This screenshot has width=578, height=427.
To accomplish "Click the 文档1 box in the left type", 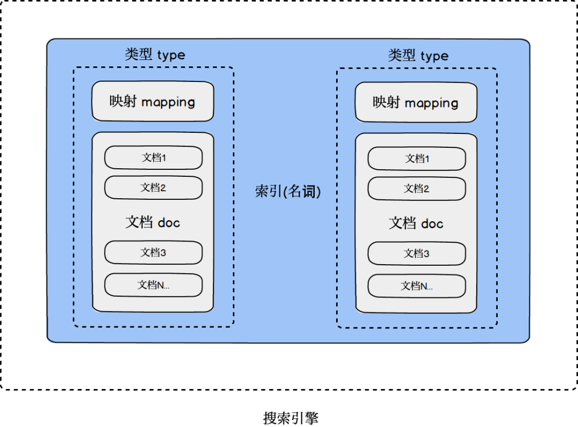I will (153, 158).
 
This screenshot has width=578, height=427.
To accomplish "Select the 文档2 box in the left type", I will (153, 188).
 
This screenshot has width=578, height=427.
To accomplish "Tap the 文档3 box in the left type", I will (153, 252).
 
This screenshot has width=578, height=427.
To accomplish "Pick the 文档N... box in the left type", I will (153, 285).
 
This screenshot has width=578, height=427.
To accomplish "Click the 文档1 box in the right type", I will (416, 159).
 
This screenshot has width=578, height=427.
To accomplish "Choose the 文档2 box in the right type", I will (416, 189).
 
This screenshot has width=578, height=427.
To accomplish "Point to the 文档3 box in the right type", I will (416, 253).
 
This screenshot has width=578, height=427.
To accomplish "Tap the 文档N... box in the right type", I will (416, 286).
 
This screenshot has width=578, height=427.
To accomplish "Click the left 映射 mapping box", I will (153, 102).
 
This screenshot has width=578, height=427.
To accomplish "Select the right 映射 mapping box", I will (416, 102).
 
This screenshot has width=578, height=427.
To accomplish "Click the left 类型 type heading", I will (155, 55).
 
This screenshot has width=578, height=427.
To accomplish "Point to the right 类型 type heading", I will (418, 56).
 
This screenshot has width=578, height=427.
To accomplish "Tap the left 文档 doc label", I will (153, 222).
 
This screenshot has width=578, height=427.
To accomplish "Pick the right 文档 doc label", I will (416, 223).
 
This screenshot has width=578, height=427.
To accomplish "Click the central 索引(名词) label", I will (288, 191).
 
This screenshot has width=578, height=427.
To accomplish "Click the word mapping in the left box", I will (168, 102).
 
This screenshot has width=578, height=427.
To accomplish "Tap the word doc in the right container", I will (432, 223).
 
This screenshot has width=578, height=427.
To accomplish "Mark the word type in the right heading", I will (434, 57).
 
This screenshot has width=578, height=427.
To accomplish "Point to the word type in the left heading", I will (171, 56).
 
